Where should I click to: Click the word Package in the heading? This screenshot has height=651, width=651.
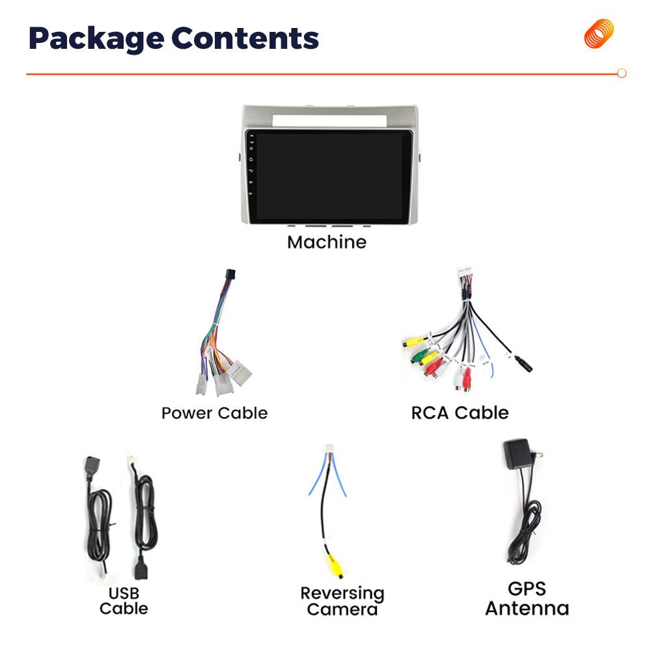coord(94,39)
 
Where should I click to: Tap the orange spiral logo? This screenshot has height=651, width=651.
coord(599,34)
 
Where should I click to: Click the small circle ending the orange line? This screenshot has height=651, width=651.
coord(621,74)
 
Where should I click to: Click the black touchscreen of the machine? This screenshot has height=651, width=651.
coord(331,176)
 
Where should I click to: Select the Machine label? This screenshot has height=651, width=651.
coord(327,242)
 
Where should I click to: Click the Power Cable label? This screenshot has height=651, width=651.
coord(214,413)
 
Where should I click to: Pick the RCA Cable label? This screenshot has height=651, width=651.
coord(460,413)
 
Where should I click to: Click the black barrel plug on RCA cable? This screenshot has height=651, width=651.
coord(523,364)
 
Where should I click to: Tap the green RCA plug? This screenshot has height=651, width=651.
coord(418,356)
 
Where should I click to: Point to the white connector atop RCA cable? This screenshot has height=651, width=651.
coord(464,273)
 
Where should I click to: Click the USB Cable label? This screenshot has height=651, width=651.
coord(124,601)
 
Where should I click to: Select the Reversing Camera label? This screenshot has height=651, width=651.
coord(342,601)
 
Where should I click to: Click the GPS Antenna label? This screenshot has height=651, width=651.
coord(527,599)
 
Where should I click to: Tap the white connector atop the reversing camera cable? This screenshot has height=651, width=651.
coord(328,450)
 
